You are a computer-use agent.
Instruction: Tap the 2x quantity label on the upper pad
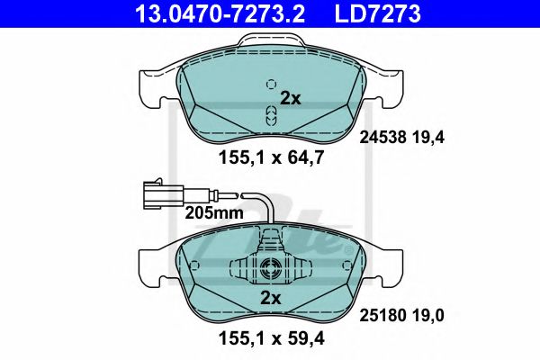pyautogui.click(x=290, y=99)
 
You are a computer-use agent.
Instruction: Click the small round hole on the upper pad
pyautogui.click(x=269, y=85)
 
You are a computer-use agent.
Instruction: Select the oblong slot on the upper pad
pyautogui.click(x=269, y=114)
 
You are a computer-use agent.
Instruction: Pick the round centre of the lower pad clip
pyautogui.click(x=269, y=267)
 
